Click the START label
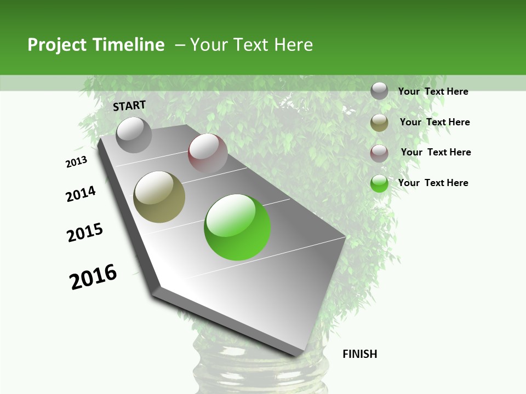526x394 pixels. click(x=129, y=106)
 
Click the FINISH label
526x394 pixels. click(x=359, y=354)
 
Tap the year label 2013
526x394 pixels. click(x=76, y=162)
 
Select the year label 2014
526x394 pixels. click(x=81, y=194)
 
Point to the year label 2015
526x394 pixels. click(x=85, y=233)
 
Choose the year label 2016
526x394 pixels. click(x=93, y=277)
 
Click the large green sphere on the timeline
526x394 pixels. click(x=237, y=227)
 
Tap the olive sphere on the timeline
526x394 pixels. click(x=159, y=197)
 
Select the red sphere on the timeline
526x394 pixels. click(x=208, y=153)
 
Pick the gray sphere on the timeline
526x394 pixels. click(x=134, y=135)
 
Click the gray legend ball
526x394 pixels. click(x=379, y=91)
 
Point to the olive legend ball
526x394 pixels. click(x=379, y=123)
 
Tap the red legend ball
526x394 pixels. click(x=379, y=153)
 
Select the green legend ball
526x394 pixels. click(x=379, y=183)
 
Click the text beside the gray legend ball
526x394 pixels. click(x=433, y=91)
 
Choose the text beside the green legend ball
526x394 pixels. click(x=433, y=183)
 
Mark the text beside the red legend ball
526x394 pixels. click(x=436, y=152)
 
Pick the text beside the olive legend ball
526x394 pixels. click(x=434, y=122)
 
